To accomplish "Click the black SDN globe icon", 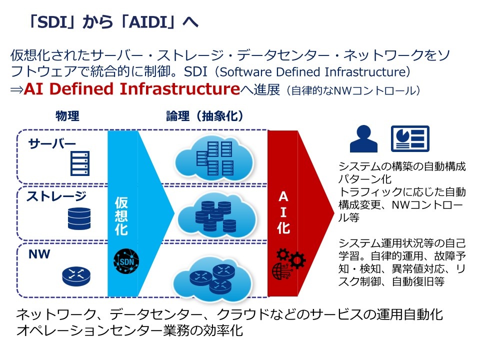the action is coord(126,261).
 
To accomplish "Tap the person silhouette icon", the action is coord(363,138).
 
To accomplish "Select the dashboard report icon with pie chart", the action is coord(410,138).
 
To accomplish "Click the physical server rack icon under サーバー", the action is coord(80,163).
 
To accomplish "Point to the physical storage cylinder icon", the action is coord(79,218).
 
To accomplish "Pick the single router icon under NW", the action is coord(76,276).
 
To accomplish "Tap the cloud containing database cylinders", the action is coord(216,215).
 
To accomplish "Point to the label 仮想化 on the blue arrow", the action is coord(121,216).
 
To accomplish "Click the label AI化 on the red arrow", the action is coord(283,212).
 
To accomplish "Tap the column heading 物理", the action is coord(67,116).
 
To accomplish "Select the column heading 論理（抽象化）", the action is coord(205,116).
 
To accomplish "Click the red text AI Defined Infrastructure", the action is coord(132,89).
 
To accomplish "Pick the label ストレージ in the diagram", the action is coord(56,196).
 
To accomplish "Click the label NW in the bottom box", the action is coord(39,254).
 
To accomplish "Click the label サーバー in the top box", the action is coord(52,143).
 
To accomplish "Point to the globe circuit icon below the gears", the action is coord(281,270).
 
